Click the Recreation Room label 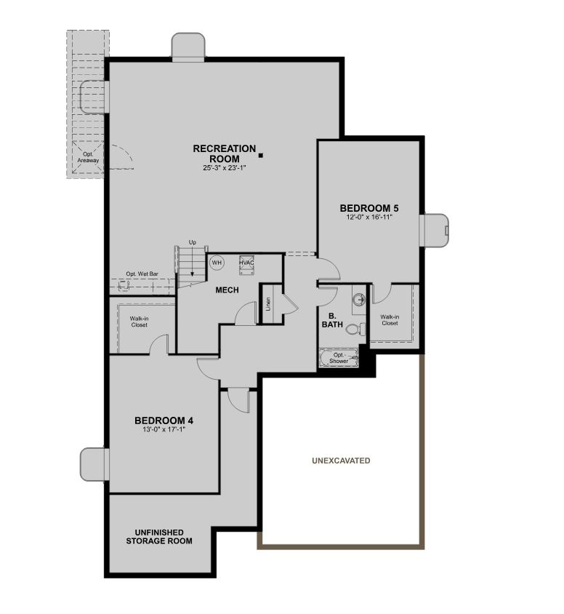coord(224,153)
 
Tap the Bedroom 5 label coord(369,209)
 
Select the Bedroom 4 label coord(164,420)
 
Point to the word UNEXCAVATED coord(341,460)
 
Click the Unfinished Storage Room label coord(159,537)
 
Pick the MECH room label coord(227,290)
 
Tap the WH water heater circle coord(217,262)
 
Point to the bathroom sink coord(358,299)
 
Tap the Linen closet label coord(268,303)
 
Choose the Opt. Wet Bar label coord(142,274)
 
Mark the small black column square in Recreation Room coord(261,154)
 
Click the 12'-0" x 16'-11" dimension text coord(369,218)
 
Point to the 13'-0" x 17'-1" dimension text coord(164,429)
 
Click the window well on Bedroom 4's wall coord(94,465)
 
